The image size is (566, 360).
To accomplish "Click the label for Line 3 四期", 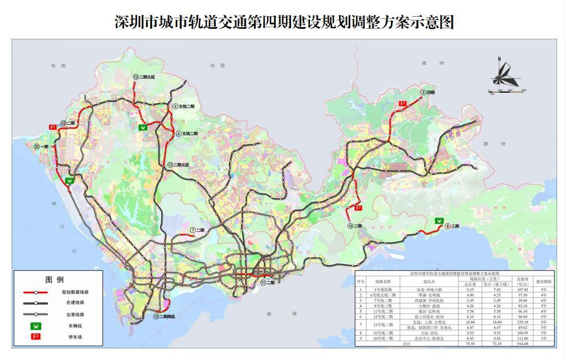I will pos(427,93).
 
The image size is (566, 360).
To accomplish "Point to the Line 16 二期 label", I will pos(355,226).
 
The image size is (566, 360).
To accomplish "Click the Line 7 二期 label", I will pos(197,230).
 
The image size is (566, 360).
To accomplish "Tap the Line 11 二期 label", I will pos(267,283).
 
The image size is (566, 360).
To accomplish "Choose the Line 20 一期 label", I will pos(41,147).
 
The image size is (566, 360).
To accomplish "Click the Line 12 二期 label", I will pos(68,123).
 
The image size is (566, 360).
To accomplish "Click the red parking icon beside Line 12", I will pos(53,127).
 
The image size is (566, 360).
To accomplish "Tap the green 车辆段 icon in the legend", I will pos(36,326).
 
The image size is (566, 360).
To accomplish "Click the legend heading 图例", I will pos(54,279).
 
